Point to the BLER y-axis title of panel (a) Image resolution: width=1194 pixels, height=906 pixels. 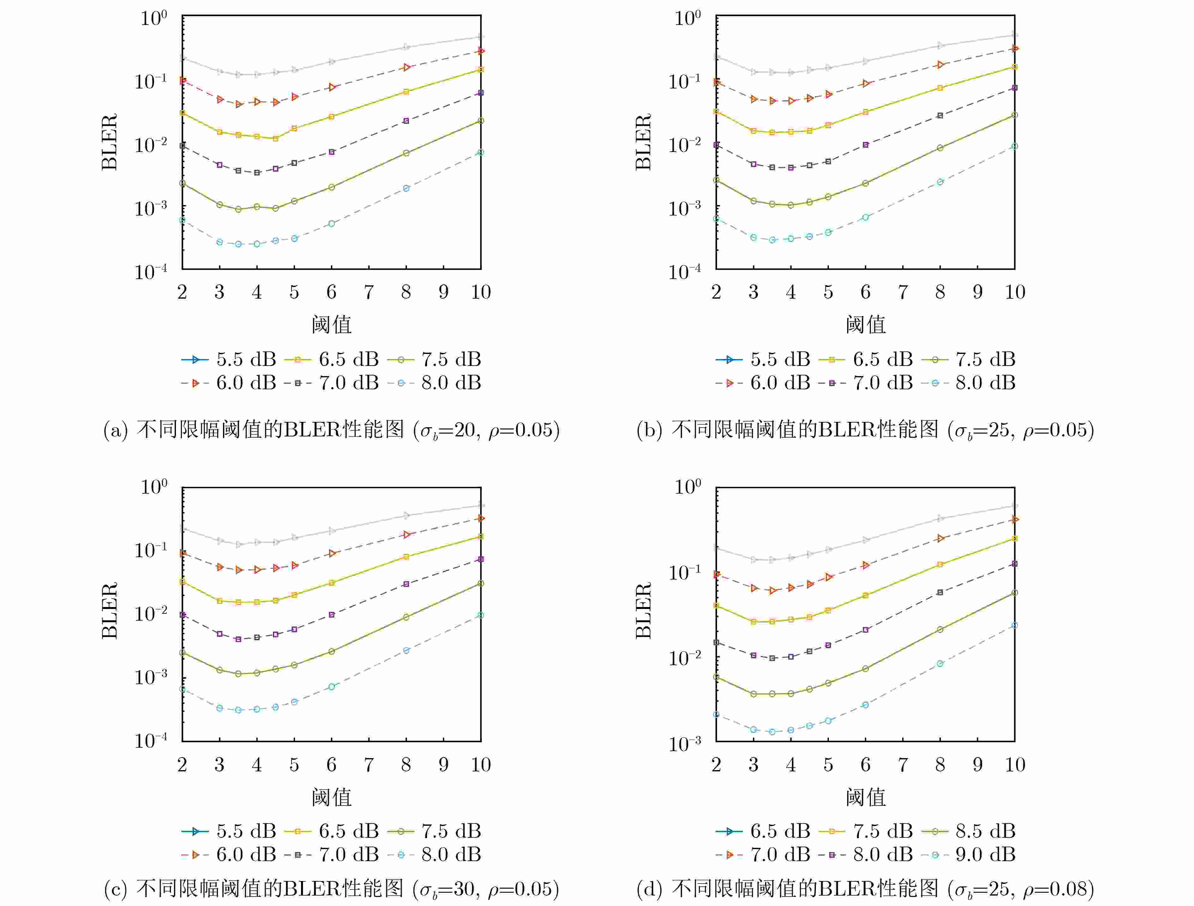click(x=110, y=142)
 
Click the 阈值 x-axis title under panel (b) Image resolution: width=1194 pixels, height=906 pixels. click(x=865, y=325)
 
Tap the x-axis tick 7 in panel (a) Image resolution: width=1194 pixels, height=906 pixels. click(x=369, y=292)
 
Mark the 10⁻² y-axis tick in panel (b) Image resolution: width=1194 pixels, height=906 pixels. click(x=684, y=145)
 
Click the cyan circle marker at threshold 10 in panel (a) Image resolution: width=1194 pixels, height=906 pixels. click(x=480, y=153)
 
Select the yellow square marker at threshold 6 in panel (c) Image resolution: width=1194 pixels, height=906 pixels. click(x=331, y=583)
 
